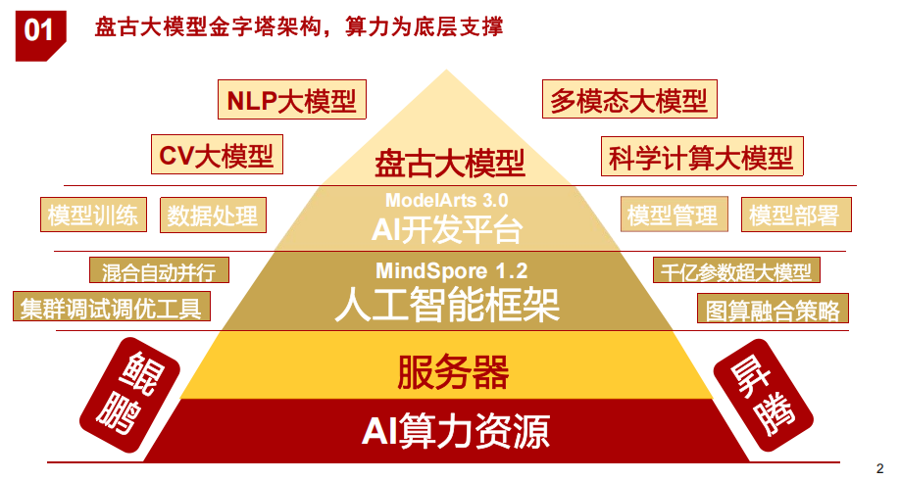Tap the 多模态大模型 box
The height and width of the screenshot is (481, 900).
click(628, 100)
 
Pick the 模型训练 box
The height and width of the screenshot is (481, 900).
click(93, 216)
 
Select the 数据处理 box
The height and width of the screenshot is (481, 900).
click(213, 216)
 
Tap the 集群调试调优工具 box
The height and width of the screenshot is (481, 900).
click(111, 308)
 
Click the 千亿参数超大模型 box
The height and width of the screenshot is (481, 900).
click(736, 270)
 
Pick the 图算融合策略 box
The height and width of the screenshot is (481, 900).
click(774, 310)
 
